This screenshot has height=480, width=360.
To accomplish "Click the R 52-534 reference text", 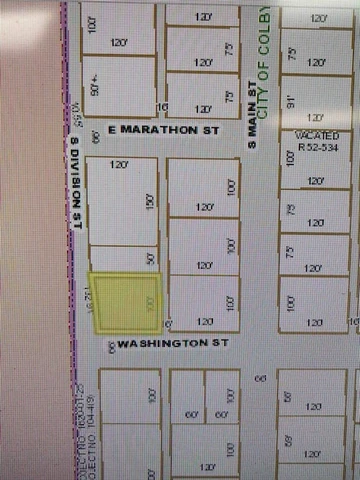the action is click(317, 144).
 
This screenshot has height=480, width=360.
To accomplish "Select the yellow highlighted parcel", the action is click(125, 302).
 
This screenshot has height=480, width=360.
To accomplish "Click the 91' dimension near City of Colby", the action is click(290, 98).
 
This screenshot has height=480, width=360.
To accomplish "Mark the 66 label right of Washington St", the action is click(260, 378).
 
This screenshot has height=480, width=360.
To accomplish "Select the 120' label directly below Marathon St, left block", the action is click(120, 164).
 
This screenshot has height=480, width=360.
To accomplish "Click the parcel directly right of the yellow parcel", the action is click(204, 302).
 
